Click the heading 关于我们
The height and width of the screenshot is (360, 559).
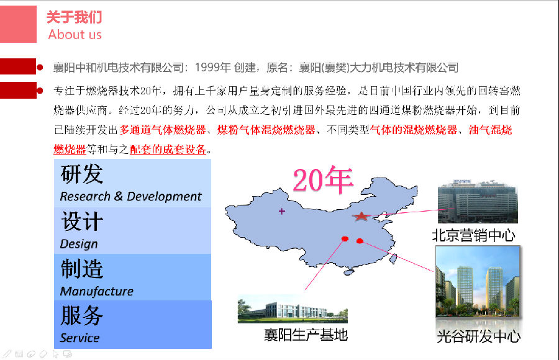pos(74,17)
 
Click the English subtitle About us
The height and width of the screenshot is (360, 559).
pos(75,35)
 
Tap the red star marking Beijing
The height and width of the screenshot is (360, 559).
pos(361,216)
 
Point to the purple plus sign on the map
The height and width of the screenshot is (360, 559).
pos(281,212)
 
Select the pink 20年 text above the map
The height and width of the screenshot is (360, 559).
pos(323,180)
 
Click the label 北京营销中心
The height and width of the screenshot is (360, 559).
pos(473,235)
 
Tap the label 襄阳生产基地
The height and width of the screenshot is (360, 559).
pos(306,335)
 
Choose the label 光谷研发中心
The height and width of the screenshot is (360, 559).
pos(478,336)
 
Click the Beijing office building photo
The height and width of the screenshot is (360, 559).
pos(478,201)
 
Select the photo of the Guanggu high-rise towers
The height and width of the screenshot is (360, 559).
pos(478,282)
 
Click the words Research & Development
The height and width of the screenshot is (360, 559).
pos(130,196)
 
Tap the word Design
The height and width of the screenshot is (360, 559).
pos(79,244)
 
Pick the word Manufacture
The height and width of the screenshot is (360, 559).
pos(97,291)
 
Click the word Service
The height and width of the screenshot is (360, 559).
pos(80,338)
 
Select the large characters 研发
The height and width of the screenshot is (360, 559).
pos(82,174)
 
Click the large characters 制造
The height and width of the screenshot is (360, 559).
pos(82,269)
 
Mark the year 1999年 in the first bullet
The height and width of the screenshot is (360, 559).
pos(213,67)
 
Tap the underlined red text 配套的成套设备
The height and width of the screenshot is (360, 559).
pos(168,150)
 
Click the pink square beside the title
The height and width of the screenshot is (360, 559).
pos(18,24)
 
